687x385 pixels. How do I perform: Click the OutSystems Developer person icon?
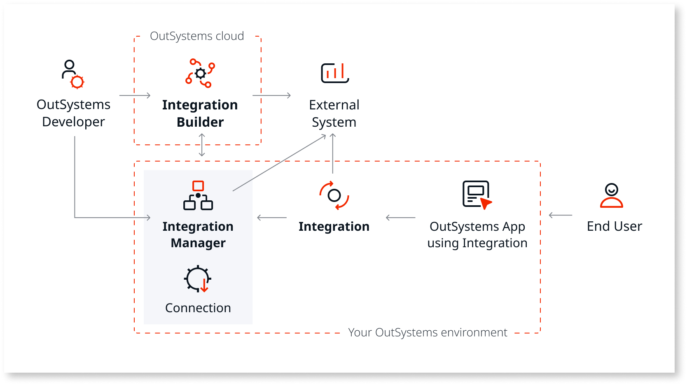pos(72,74)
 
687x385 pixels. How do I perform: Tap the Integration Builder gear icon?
pos(200,73)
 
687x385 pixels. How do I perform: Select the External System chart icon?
pos(335,73)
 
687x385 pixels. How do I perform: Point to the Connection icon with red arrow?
pos(198,279)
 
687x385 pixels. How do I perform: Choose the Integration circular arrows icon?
pos(334,195)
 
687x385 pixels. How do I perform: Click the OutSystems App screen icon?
pos(477,195)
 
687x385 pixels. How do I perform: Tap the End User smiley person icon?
pos(612,195)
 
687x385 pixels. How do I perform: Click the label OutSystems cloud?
pos(197,36)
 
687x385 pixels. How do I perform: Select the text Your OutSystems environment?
pos(428,332)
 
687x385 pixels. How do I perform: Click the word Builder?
pos(200,122)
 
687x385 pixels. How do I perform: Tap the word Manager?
pos(198,243)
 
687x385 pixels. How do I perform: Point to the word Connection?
pos(198,308)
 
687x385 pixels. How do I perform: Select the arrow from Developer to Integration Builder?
pos(135,95)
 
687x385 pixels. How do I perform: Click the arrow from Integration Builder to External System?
pos(272,95)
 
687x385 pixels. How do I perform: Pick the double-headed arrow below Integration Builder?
pos(202,145)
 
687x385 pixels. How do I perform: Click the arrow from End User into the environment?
pos(561,215)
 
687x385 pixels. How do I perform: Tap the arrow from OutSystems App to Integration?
pos(400,218)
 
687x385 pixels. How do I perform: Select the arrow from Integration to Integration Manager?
pos(272,218)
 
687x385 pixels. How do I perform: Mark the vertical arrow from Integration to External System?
pos(333,153)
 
